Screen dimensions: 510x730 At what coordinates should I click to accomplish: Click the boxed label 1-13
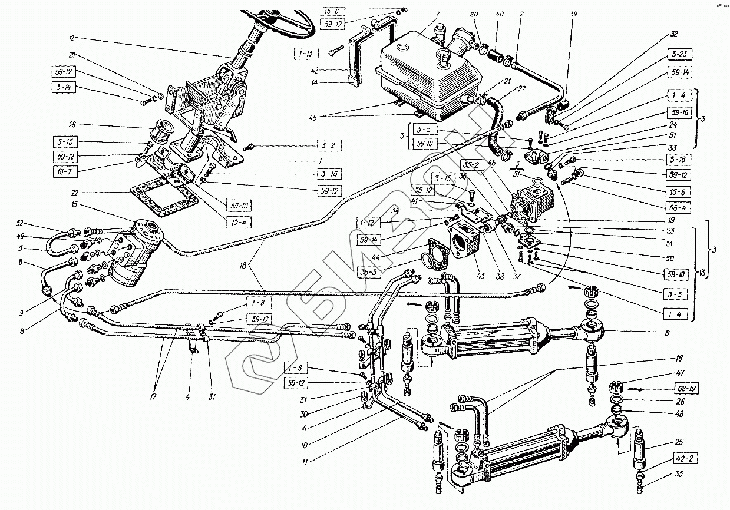[305, 54]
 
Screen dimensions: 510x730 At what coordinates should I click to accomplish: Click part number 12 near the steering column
[72, 38]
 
